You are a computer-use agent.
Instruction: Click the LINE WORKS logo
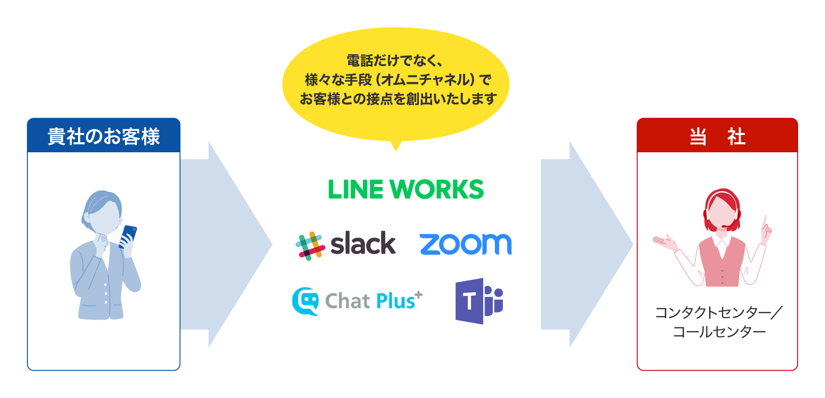tap(406, 189)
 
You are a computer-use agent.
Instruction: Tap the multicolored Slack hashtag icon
tap(310, 246)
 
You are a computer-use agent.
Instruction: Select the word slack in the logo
tap(363, 243)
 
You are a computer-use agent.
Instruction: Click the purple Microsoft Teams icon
tap(478, 301)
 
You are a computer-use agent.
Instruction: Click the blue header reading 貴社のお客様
tap(104, 136)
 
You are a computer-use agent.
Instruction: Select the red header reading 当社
tap(717, 136)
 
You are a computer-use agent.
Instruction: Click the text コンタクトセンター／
tap(719, 313)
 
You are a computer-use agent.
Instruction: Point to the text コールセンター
tap(719, 332)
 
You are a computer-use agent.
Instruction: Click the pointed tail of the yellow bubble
tap(396, 145)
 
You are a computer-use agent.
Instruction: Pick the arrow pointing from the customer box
tap(226, 244)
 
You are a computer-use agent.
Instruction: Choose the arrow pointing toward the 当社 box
tap(587, 244)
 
